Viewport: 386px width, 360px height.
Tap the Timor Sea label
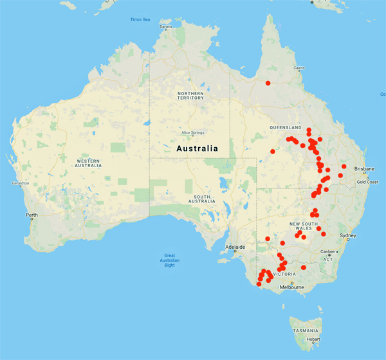(x=140, y=19)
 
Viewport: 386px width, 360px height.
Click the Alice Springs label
(x=192, y=132)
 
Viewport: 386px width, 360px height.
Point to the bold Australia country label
(x=197, y=148)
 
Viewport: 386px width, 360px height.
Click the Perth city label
(x=31, y=215)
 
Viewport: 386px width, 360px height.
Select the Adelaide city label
(x=235, y=247)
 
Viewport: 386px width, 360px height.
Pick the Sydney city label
(x=347, y=235)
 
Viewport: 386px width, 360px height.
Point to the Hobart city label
(x=313, y=339)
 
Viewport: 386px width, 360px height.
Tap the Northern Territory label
(x=190, y=95)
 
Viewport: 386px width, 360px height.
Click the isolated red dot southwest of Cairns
(x=268, y=83)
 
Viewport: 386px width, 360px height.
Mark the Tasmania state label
(x=305, y=330)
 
